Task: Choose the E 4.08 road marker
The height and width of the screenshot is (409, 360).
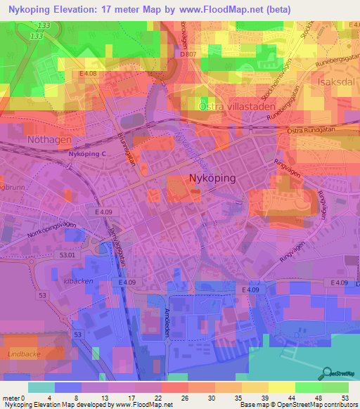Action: coord(88,73)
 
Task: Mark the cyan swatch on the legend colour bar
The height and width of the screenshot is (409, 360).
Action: coord(41,387)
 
